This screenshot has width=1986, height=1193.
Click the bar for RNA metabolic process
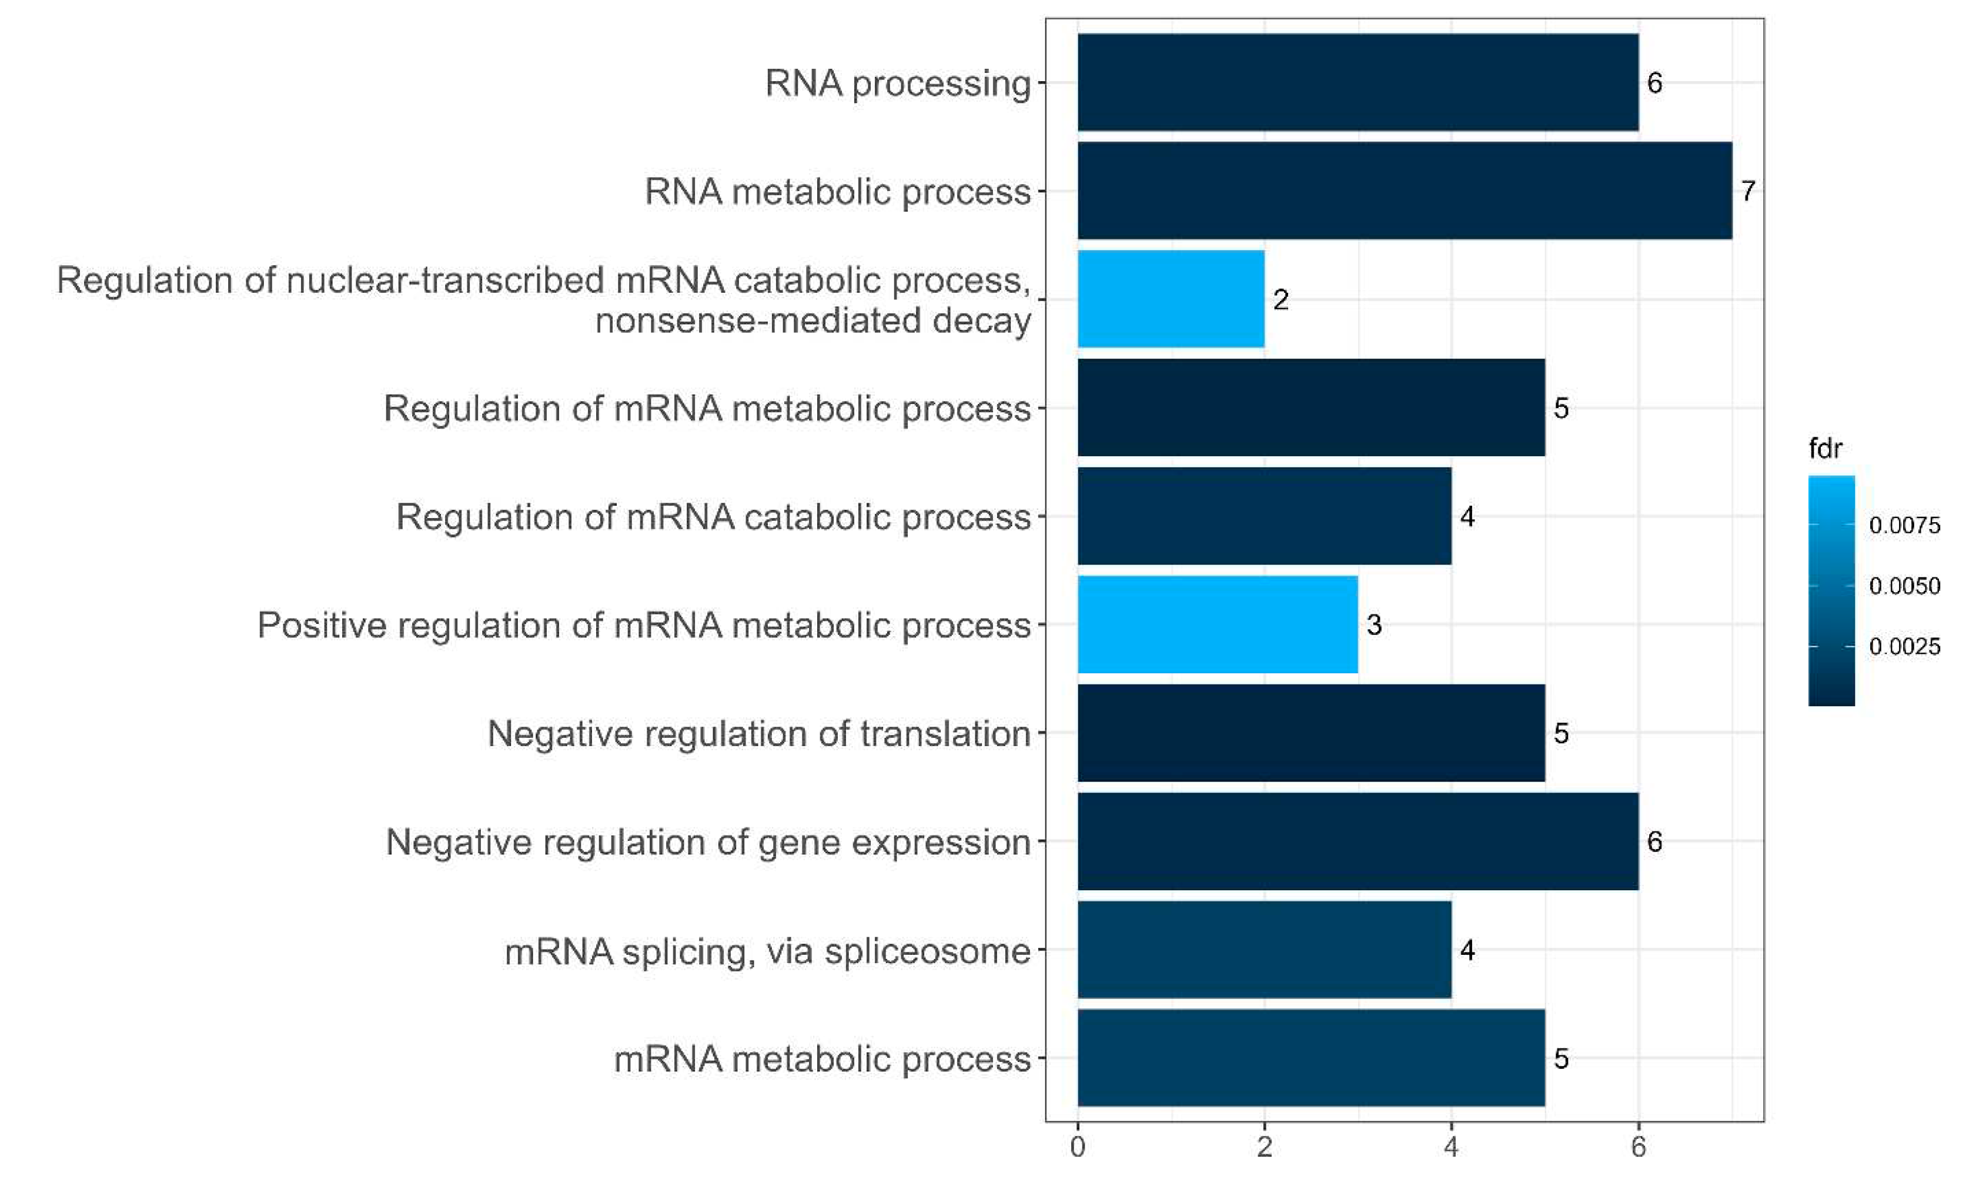tap(1403, 191)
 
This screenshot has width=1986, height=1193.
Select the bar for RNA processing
tap(1357, 82)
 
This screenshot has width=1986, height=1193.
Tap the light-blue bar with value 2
tap(1170, 299)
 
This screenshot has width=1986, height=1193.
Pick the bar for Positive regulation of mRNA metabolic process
tap(1217, 624)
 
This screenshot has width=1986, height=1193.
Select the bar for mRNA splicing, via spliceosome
tap(1263, 950)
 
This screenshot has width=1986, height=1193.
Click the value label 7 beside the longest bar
tap(1747, 191)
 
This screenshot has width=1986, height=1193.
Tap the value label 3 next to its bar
tap(1373, 624)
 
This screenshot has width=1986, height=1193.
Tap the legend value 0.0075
tap(1904, 526)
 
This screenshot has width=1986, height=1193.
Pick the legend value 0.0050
tap(1904, 586)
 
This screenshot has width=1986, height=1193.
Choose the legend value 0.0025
tap(1904, 646)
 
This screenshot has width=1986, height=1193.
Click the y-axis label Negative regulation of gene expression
tap(708, 843)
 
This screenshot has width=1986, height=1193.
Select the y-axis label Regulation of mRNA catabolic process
tap(713, 517)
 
